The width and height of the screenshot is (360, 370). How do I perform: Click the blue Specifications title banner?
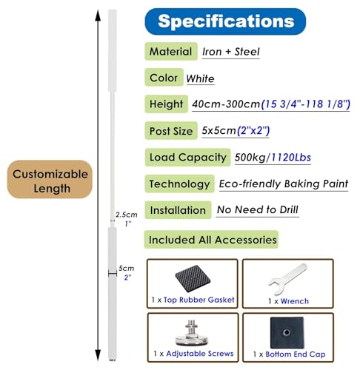point(225,21)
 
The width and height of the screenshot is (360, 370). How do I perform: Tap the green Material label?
point(171,51)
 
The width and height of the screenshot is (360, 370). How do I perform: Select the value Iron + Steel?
point(231,52)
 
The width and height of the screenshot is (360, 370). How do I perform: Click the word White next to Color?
point(200,78)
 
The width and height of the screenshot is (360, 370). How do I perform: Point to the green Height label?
point(166,104)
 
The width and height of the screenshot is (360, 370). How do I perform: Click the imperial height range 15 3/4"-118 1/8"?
point(306,104)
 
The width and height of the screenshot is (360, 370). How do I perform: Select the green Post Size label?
point(171,131)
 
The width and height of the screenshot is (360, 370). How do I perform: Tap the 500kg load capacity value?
point(250,158)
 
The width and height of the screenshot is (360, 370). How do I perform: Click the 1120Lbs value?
point(291,158)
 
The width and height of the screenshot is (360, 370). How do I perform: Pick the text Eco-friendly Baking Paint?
point(284,184)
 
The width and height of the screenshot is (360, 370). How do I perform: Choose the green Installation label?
point(178,210)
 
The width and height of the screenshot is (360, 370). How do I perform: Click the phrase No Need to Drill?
point(258,209)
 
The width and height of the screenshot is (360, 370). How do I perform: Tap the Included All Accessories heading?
point(211,240)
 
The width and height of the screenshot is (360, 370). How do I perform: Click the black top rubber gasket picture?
point(193,278)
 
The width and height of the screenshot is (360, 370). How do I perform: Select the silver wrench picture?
point(288,278)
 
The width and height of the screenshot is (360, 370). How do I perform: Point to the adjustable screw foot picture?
point(192,333)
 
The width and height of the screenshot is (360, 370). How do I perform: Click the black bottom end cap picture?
point(287,332)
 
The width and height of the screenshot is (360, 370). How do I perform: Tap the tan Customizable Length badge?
point(50,179)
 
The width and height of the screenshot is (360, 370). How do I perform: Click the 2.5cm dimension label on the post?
point(127,215)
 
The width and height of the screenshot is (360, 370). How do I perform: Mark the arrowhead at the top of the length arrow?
point(98,16)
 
